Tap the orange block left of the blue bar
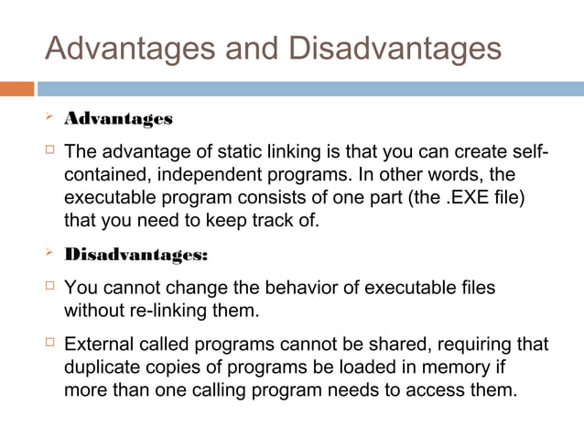(17, 89)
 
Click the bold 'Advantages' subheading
(118, 119)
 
